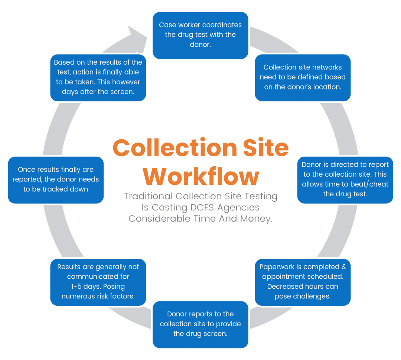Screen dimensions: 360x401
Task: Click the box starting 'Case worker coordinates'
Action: pos(200,35)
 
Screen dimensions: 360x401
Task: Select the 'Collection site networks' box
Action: pos(303,78)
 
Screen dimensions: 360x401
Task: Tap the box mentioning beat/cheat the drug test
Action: pos(345,180)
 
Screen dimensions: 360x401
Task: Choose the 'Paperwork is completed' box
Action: pos(303,282)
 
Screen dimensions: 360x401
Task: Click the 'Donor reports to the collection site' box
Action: pos(200,324)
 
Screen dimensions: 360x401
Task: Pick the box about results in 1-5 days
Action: pos(98,282)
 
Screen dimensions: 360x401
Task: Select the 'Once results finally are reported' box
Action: pos(56,180)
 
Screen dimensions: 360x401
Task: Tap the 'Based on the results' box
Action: pos(98,78)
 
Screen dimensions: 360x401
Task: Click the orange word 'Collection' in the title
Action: pos(175,148)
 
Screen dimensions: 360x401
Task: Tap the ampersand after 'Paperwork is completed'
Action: pos(343,267)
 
